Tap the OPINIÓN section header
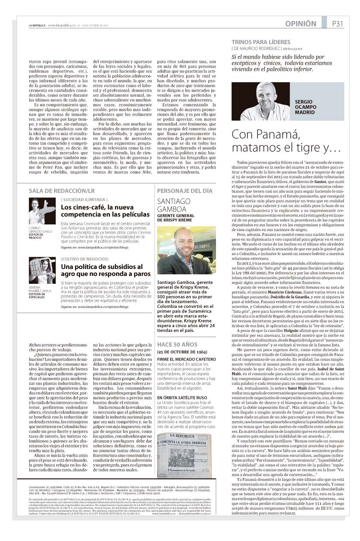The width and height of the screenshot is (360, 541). (x=301, y=24)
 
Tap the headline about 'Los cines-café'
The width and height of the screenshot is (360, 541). (x=105, y=211)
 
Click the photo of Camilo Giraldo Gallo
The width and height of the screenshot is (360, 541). (x=42, y=211)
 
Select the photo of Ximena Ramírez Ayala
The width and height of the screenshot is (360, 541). (x=42, y=270)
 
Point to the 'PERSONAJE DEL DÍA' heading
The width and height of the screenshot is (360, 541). (x=185, y=191)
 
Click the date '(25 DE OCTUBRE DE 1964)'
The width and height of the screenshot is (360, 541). (x=182, y=351)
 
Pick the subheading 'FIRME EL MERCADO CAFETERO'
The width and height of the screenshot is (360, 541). (x=186, y=359)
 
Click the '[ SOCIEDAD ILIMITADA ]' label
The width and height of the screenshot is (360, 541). (x=82, y=199)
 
